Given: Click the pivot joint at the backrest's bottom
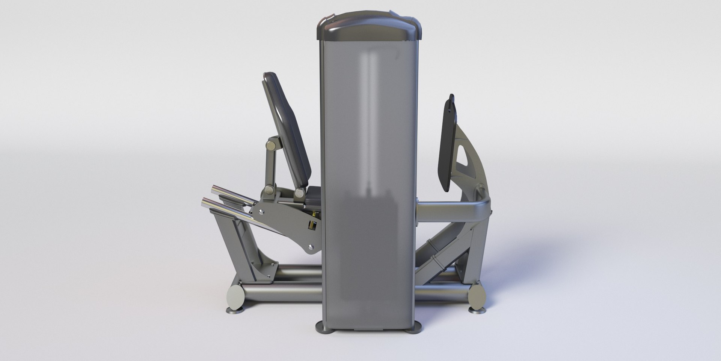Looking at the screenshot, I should (299, 193).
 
